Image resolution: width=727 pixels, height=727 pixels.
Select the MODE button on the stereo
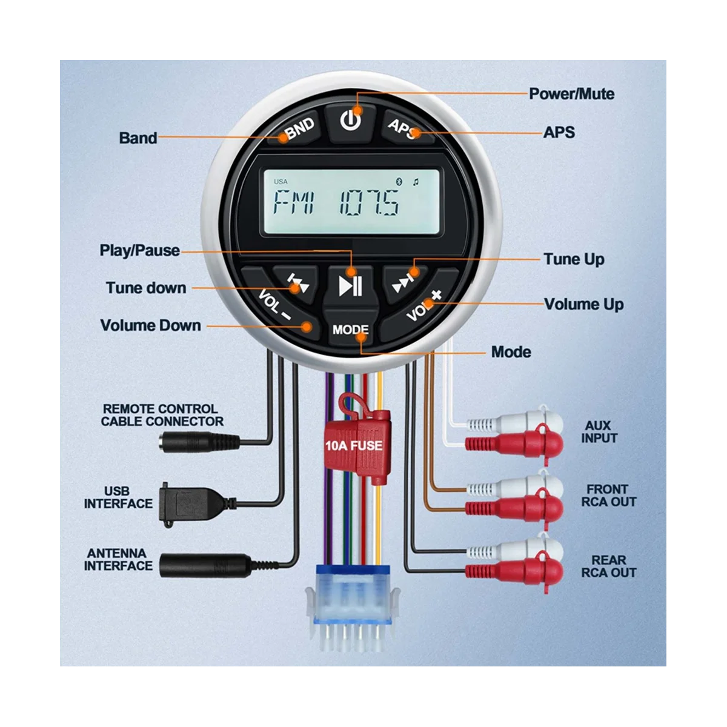pos(350,330)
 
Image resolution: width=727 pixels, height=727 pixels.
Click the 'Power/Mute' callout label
pos(571,94)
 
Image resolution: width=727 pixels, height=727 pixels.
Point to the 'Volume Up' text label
pos(583,304)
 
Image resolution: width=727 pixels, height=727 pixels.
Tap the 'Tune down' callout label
pos(146,288)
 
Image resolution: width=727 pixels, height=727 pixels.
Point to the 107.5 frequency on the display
pos(369,202)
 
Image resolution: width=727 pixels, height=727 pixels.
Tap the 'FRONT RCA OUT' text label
pos(608,495)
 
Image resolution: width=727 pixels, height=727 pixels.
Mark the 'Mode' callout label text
pos(511,352)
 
